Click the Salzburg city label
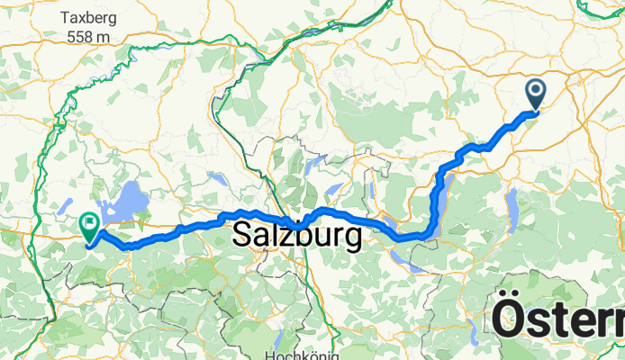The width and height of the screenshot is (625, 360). pyautogui.click(x=297, y=237)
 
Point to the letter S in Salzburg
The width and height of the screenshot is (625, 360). pyautogui.click(x=243, y=237)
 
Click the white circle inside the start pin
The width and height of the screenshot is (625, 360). pyautogui.click(x=536, y=89)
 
